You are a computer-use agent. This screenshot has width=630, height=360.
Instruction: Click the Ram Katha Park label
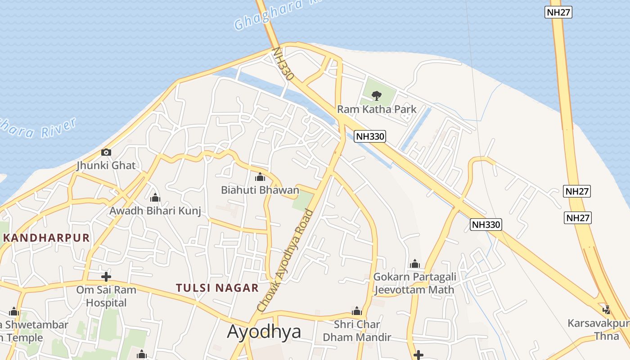tap(377, 109)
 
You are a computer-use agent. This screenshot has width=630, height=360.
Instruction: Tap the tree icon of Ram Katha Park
tap(377, 95)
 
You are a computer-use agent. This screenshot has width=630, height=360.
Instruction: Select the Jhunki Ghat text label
tap(106, 166)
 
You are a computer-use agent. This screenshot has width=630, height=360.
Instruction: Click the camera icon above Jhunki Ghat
tap(106, 153)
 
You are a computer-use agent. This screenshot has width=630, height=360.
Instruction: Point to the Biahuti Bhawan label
tap(260, 190)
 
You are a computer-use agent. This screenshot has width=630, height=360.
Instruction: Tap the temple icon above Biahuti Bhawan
tap(260, 177)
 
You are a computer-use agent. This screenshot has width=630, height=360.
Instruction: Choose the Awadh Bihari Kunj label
tap(155, 211)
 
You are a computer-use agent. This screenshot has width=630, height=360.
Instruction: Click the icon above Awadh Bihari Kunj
tap(155, 198)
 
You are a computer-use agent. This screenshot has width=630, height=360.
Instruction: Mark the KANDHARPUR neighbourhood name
tap(46, 238)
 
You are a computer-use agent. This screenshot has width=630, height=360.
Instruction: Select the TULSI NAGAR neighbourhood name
tap(217, 288)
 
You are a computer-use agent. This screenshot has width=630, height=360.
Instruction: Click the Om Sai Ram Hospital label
tap(106, 297)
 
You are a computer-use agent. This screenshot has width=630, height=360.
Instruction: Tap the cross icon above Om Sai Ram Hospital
tap(106, 277)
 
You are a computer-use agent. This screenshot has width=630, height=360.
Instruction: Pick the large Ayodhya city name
tap(264, 332)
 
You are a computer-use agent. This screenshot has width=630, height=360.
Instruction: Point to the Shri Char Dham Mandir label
tap(357, 331)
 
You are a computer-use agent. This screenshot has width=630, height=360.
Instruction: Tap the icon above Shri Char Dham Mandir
tap(357, 311)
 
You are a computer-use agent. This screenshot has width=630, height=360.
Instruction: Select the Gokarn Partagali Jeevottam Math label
tap(414, 283)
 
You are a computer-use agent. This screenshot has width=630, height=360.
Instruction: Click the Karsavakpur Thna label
tap(599, 329)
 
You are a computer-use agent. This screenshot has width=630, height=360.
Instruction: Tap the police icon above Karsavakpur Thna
tap(607, 310)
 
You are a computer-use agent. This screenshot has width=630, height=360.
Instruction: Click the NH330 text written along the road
tap(283, 64)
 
